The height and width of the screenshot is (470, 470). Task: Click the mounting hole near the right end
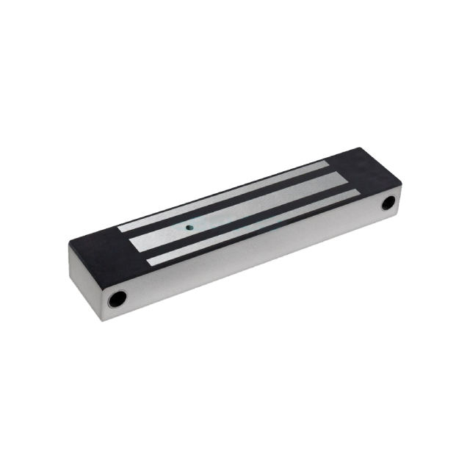pyautogui.click(x=387, y=202)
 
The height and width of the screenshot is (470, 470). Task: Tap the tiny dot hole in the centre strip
pyautogui.click(x=190, y=228)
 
